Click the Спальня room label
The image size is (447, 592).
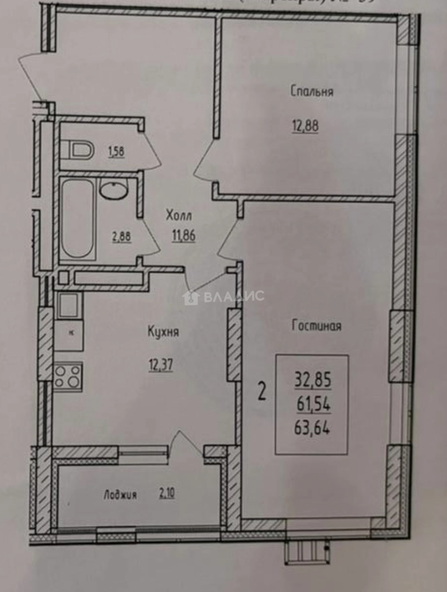311,92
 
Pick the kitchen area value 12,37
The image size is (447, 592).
160,364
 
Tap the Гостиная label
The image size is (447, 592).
316,326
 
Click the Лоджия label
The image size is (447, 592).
120,495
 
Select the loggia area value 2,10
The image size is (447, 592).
167,494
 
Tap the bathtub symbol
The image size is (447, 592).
77,219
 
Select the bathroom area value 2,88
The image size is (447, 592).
121,237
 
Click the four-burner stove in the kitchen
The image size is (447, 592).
68,377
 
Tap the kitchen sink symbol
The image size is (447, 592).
69,305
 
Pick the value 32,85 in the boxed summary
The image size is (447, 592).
313,379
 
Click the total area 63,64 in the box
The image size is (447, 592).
313,428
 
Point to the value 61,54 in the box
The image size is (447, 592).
313,404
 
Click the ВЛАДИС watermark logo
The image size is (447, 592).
223,297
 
